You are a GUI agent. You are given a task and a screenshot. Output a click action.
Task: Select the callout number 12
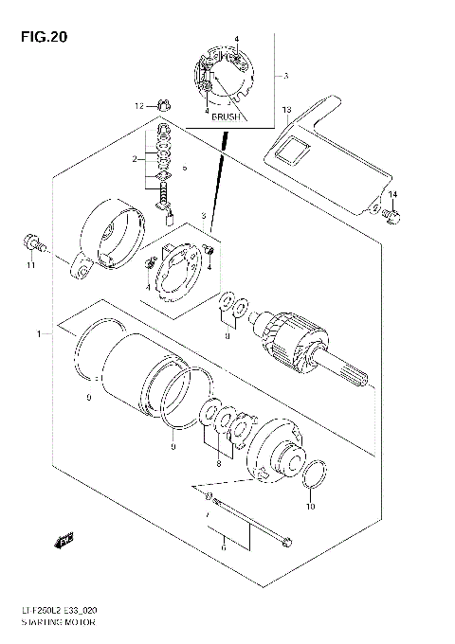click(x=137, y=106)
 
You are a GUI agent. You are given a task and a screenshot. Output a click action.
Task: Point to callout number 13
click(x=285, y=111)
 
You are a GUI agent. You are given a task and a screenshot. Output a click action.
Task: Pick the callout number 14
click(x=392, y=195)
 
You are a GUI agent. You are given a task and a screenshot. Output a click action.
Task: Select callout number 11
click(x=30, y=265)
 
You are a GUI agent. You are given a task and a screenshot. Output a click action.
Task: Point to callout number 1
click(x=39, y=334)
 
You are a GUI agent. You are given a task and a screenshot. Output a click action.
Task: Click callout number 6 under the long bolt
click(x=224, y=547)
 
